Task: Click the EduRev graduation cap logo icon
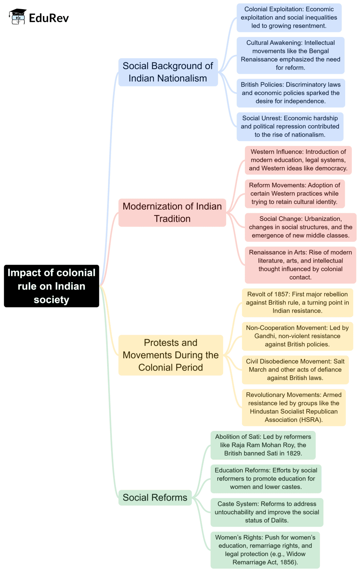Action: click(18, 17)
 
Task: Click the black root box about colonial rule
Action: click(51, 286)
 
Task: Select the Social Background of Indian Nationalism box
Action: click(168, 72)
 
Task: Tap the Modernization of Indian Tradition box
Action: click(172, 212)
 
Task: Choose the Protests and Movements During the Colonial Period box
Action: click(171, 355)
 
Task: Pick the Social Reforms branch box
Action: click(155, 497)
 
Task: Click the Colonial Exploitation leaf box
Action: click(289, 18)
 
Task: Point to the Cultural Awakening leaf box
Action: click(290, 55)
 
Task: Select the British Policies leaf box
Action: click(290, 93)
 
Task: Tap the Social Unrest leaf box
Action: click(290, 127)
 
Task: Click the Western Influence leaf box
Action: click(298, 160)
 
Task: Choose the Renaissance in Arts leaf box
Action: click(300, 265)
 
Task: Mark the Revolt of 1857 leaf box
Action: click(297, 302)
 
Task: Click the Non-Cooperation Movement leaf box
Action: click(297, 336)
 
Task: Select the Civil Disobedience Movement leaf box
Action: click(295, 369)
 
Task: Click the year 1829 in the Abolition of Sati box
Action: click(294, 454)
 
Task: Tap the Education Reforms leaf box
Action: click(266, 478)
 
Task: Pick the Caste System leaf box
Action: click(266, 512)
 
